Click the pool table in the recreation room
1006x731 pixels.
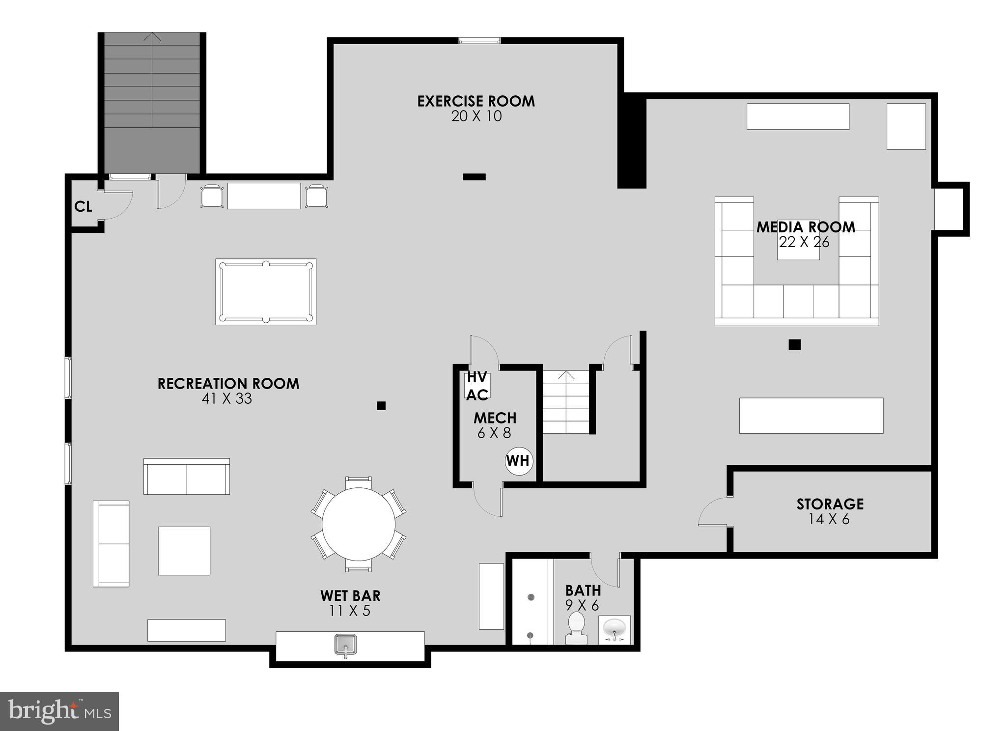[266, 292]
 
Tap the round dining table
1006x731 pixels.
[359, 524]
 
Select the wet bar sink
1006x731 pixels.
[346, 644]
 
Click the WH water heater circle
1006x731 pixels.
[518, 461]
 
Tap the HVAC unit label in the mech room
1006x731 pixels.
[477, 386]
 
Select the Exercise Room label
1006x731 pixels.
[475, 101]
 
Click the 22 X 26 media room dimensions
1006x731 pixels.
[804, 242]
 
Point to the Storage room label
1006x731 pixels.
[830, 504]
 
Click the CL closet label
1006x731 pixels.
[83, 207]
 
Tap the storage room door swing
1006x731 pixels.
[713, 512]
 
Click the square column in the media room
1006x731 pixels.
[794, 345]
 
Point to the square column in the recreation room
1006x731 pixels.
[381, 406]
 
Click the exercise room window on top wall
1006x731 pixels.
[479, 40]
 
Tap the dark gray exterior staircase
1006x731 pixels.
[152, 103]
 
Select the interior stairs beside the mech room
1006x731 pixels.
[565, 402]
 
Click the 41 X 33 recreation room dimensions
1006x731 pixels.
[226, 398]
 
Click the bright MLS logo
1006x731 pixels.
[59, 711]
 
